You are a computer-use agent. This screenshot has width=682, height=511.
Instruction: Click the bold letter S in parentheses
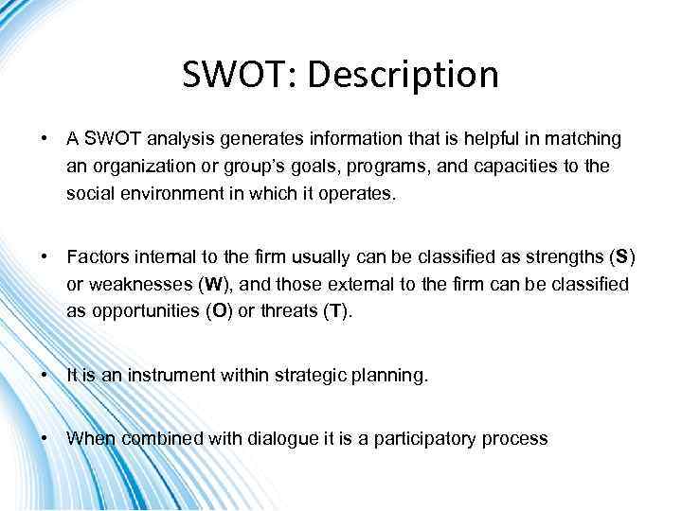tap(621, 258)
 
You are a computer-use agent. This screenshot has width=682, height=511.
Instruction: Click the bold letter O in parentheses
tap(219, 312)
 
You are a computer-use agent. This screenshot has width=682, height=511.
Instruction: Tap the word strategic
tap(307, 376)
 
